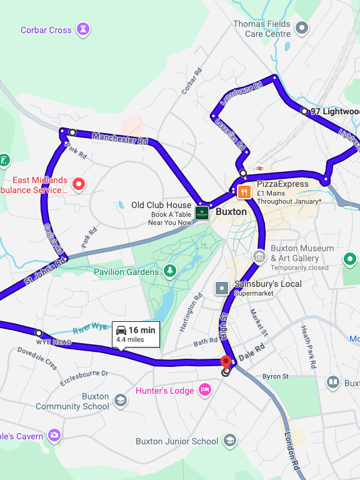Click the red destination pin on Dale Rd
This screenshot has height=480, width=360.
pos(226,361)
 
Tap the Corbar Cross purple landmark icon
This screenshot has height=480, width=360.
pos(82,29)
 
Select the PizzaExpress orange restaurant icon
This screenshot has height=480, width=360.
pos(245,191)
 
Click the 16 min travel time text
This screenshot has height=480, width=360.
pos(142,330)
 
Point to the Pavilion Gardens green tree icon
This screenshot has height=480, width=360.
pos(169,271)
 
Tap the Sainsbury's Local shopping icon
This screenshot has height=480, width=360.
pos(222,288)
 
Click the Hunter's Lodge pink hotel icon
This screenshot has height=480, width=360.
pos(204,391)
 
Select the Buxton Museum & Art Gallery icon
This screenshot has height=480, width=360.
pos(259,256)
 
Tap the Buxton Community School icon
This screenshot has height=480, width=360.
pos(120,401)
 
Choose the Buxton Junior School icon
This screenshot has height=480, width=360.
pos(230,441)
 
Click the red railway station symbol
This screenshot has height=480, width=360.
pos(260,169)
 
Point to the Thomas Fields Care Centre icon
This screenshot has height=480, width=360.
pos(302,27)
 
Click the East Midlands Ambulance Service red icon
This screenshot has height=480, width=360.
pos(78,184)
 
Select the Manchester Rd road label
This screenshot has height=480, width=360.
pos(120,138)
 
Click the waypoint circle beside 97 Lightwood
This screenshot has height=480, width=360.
pos(304,111)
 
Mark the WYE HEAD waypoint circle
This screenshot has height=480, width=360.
pos(39,334)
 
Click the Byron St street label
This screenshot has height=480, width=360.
pos(275,376)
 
